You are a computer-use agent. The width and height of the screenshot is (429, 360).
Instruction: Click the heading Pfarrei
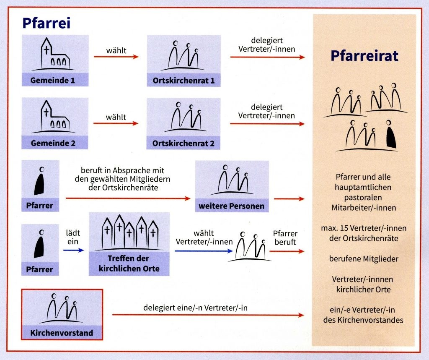pyautogui.click(x=46, y=23)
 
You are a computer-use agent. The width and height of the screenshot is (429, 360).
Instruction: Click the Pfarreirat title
pyautogui.click(x=364, y=56)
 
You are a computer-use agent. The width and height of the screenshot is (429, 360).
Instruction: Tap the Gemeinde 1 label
pyautogui.click(x=52, y=80)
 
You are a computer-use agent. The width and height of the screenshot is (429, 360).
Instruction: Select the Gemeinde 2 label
pyautogui.click(x=53, y=143)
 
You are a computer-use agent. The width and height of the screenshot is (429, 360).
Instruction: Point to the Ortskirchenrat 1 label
pyautogui.click(x=183, y=81)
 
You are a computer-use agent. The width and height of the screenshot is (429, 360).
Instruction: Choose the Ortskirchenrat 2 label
pyautogui.click(x=183, y=143)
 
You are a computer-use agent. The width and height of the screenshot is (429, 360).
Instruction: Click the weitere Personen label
pyautogui.click(x=231, y=206)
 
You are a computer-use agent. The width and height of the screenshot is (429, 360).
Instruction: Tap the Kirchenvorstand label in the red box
pyautogui.click(x=62, y=333)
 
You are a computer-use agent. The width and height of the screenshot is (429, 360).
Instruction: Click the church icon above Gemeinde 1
pyautogui.click(x=54, y=54)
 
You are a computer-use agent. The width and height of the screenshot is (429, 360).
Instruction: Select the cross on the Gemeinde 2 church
pyautogui.click(x=47, y=112)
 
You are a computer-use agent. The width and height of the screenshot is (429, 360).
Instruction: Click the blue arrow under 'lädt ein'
pyautogui.click(x=73, y=250)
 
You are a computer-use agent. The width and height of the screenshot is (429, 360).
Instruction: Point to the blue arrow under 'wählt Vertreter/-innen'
pyautogui.click(x=204, y=251)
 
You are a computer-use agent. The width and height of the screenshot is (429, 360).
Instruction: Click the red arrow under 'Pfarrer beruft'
pyautogui.click(x=287, y=251)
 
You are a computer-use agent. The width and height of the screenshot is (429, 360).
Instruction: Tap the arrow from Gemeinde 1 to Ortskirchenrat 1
pyautogui.click(x=116, y=57)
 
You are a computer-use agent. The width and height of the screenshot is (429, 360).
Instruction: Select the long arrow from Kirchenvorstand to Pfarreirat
pyautogui.click(x=208, y=315)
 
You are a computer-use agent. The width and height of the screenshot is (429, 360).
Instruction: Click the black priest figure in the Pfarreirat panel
pyautogui.click(x=391, y=134)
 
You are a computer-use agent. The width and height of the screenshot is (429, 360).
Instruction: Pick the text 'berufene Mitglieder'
pyautogui.click(x=364, y=259)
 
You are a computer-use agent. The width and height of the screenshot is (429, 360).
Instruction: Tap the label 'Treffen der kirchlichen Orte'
pyautogui.click(x=129, y=263)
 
